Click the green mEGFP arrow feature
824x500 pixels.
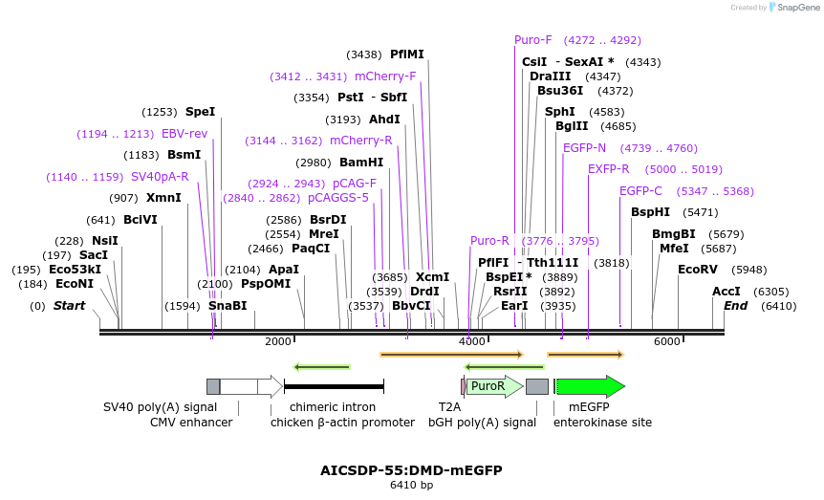[x=589, y=386]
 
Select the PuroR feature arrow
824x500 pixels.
[x=493, y=386]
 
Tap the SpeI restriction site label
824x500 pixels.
[x=200, y=112]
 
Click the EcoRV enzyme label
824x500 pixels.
[x=697, y=270]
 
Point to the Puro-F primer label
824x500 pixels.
[x=533, y=40]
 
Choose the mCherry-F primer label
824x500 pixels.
[x=385, y=76]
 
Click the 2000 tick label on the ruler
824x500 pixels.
[x=277, y=341]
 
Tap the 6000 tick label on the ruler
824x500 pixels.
[x=666, y=341]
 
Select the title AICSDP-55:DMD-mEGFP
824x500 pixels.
[x=411, y=470]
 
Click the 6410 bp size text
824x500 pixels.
[x=411, y=486]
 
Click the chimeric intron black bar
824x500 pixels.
[x=334, y=386]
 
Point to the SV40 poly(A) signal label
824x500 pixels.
[x=147, y=406]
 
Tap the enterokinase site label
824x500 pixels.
[x=602, y=422]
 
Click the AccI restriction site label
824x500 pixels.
[x=726, y=292]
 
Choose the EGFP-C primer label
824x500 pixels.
[x=640, y=191]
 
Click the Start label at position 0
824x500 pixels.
[x=69, y=306]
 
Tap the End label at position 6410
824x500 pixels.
[x=735, y=306]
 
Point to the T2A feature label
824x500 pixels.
[x=449, y=406]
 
